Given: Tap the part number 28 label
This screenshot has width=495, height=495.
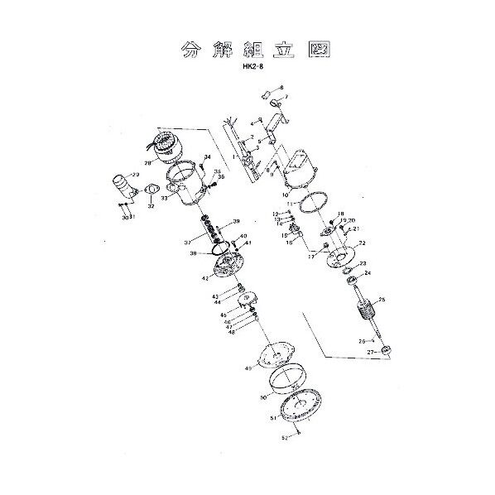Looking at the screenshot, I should [x=147, y=163].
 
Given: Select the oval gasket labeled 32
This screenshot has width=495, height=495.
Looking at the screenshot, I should [x=151, y=196].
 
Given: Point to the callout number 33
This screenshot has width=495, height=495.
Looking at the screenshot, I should [x=165, y=199].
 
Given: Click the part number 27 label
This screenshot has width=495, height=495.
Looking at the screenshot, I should [x=372, y=352].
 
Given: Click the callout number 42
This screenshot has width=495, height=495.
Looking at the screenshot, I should [x=204, y=278].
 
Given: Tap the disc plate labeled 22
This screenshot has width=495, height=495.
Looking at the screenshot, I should [x=339, y=260].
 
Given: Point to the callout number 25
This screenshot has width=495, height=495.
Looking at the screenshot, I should [x=382, y=300].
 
